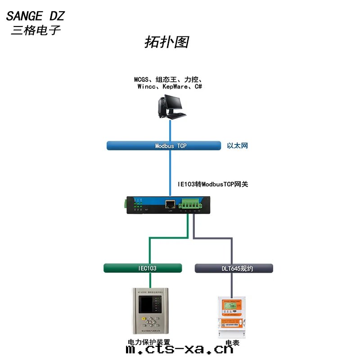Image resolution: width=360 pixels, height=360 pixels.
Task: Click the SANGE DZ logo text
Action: pyautogui.click(x=35, y=17)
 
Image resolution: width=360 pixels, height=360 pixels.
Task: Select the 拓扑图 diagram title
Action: pyautogui.click(x=166, y=42)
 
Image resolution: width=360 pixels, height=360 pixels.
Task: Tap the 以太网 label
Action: pyautogui.click(x=237, y=146)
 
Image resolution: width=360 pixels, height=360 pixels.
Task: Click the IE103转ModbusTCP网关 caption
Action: pyautogui.click(x=213, y=184)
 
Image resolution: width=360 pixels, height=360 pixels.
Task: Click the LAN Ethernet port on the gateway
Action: pyautogui.click(x=170, y=204)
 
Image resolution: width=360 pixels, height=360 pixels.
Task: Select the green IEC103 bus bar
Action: pyautogui.click(x=143, y=268)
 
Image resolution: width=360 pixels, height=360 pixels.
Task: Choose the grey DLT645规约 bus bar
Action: pyautogui.click(x=234, y=269)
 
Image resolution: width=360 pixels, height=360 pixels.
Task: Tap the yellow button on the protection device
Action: pyautogui.click(x=143, y=320)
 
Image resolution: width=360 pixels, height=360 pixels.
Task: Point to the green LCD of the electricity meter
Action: pyautogui.click(x=234, y=307)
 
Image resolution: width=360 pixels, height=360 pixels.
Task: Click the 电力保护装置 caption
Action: pyautogui.click(x=149, y=342)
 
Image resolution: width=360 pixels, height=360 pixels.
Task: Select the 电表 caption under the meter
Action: pyautogui.click(x=232, y=343)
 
